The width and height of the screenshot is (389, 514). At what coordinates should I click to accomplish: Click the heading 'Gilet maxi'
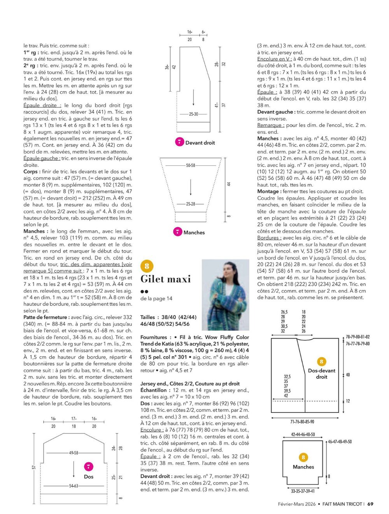point(165,279)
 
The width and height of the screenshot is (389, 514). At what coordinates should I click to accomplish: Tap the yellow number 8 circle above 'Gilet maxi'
point(147,266)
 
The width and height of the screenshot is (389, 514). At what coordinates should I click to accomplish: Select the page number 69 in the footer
point(370,504)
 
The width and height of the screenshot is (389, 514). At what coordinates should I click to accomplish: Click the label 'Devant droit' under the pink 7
point(200,143)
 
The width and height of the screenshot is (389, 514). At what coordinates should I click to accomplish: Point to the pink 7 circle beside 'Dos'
point(89,467)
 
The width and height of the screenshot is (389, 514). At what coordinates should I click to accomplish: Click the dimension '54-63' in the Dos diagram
point(74,486)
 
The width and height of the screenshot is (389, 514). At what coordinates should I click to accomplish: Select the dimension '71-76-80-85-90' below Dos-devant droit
point(302,421)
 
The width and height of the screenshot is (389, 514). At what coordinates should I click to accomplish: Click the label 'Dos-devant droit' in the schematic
point(321,374)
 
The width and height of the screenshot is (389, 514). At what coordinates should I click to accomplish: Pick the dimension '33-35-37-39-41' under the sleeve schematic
point(303,491)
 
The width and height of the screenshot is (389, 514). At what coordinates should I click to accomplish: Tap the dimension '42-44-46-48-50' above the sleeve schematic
point(303,434)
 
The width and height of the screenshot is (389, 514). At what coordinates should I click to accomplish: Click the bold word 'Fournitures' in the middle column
point(154,337)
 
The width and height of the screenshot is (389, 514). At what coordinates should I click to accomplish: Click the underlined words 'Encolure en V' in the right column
point(274,59)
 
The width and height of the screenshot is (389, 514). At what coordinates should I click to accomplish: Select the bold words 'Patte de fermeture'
point(46,317)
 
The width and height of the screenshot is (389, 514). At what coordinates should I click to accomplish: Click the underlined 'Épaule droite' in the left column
point(42,105)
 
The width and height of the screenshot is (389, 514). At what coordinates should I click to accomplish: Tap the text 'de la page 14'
point(156,298)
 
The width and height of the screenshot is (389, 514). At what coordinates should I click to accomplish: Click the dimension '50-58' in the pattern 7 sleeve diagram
point(191,165)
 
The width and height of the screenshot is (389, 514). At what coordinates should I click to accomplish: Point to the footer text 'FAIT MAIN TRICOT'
point(342,504)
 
